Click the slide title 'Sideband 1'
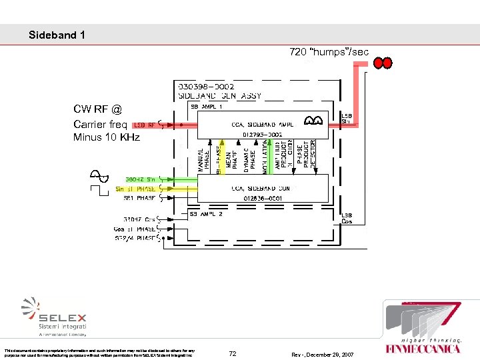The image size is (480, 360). pyautogui.click(x=57, y=35)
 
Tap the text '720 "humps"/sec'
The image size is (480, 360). pyautogui.click(x=329, y=52)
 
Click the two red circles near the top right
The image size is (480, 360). pyautogui.click(x=383, y=63)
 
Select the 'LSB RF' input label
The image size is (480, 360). pyautogui.click(x=145, y=125)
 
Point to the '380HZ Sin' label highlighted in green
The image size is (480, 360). pyautogui.click(x=141, y=179)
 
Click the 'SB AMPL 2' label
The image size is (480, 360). pyautogui.click(x=206, y=214)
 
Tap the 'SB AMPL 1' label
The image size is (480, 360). pyautogui.click(x=206, y=106)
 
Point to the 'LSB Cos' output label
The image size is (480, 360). pyautogui.click(x=347, y=218)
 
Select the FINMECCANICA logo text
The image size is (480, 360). pyautogui.click(x=423, y=348)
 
